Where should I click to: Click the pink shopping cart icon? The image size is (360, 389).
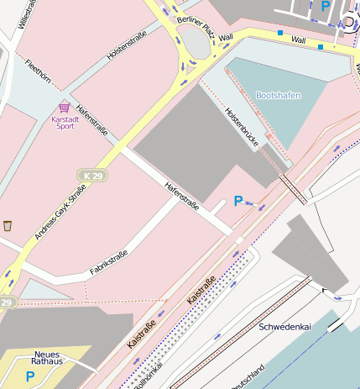65,108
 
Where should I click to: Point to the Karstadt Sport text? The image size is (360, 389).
68,124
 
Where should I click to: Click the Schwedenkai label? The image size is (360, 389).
285,326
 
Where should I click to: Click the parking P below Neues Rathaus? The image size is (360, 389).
30,376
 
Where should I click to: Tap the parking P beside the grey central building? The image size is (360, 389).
238,201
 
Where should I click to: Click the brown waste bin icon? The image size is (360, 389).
8,225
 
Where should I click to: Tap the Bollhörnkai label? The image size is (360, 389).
148,374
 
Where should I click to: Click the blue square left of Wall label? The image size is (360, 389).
280,33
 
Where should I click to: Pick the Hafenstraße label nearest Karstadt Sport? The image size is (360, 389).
92,120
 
